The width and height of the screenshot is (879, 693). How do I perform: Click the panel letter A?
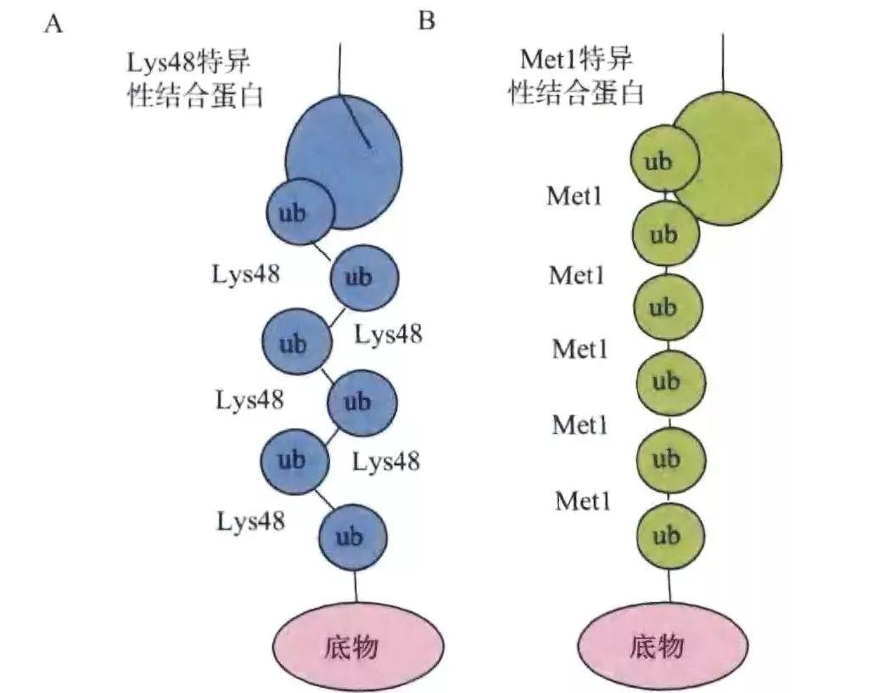click(54, 24)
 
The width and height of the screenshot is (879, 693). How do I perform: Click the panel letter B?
click(427, 21)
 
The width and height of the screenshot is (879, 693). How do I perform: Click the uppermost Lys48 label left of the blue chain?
click(246, 273)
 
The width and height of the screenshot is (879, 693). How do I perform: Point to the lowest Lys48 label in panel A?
click(250, 521)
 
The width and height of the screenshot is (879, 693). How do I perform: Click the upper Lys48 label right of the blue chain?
click(389, 335)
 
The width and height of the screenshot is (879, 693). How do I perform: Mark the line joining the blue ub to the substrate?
click(356, 587)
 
